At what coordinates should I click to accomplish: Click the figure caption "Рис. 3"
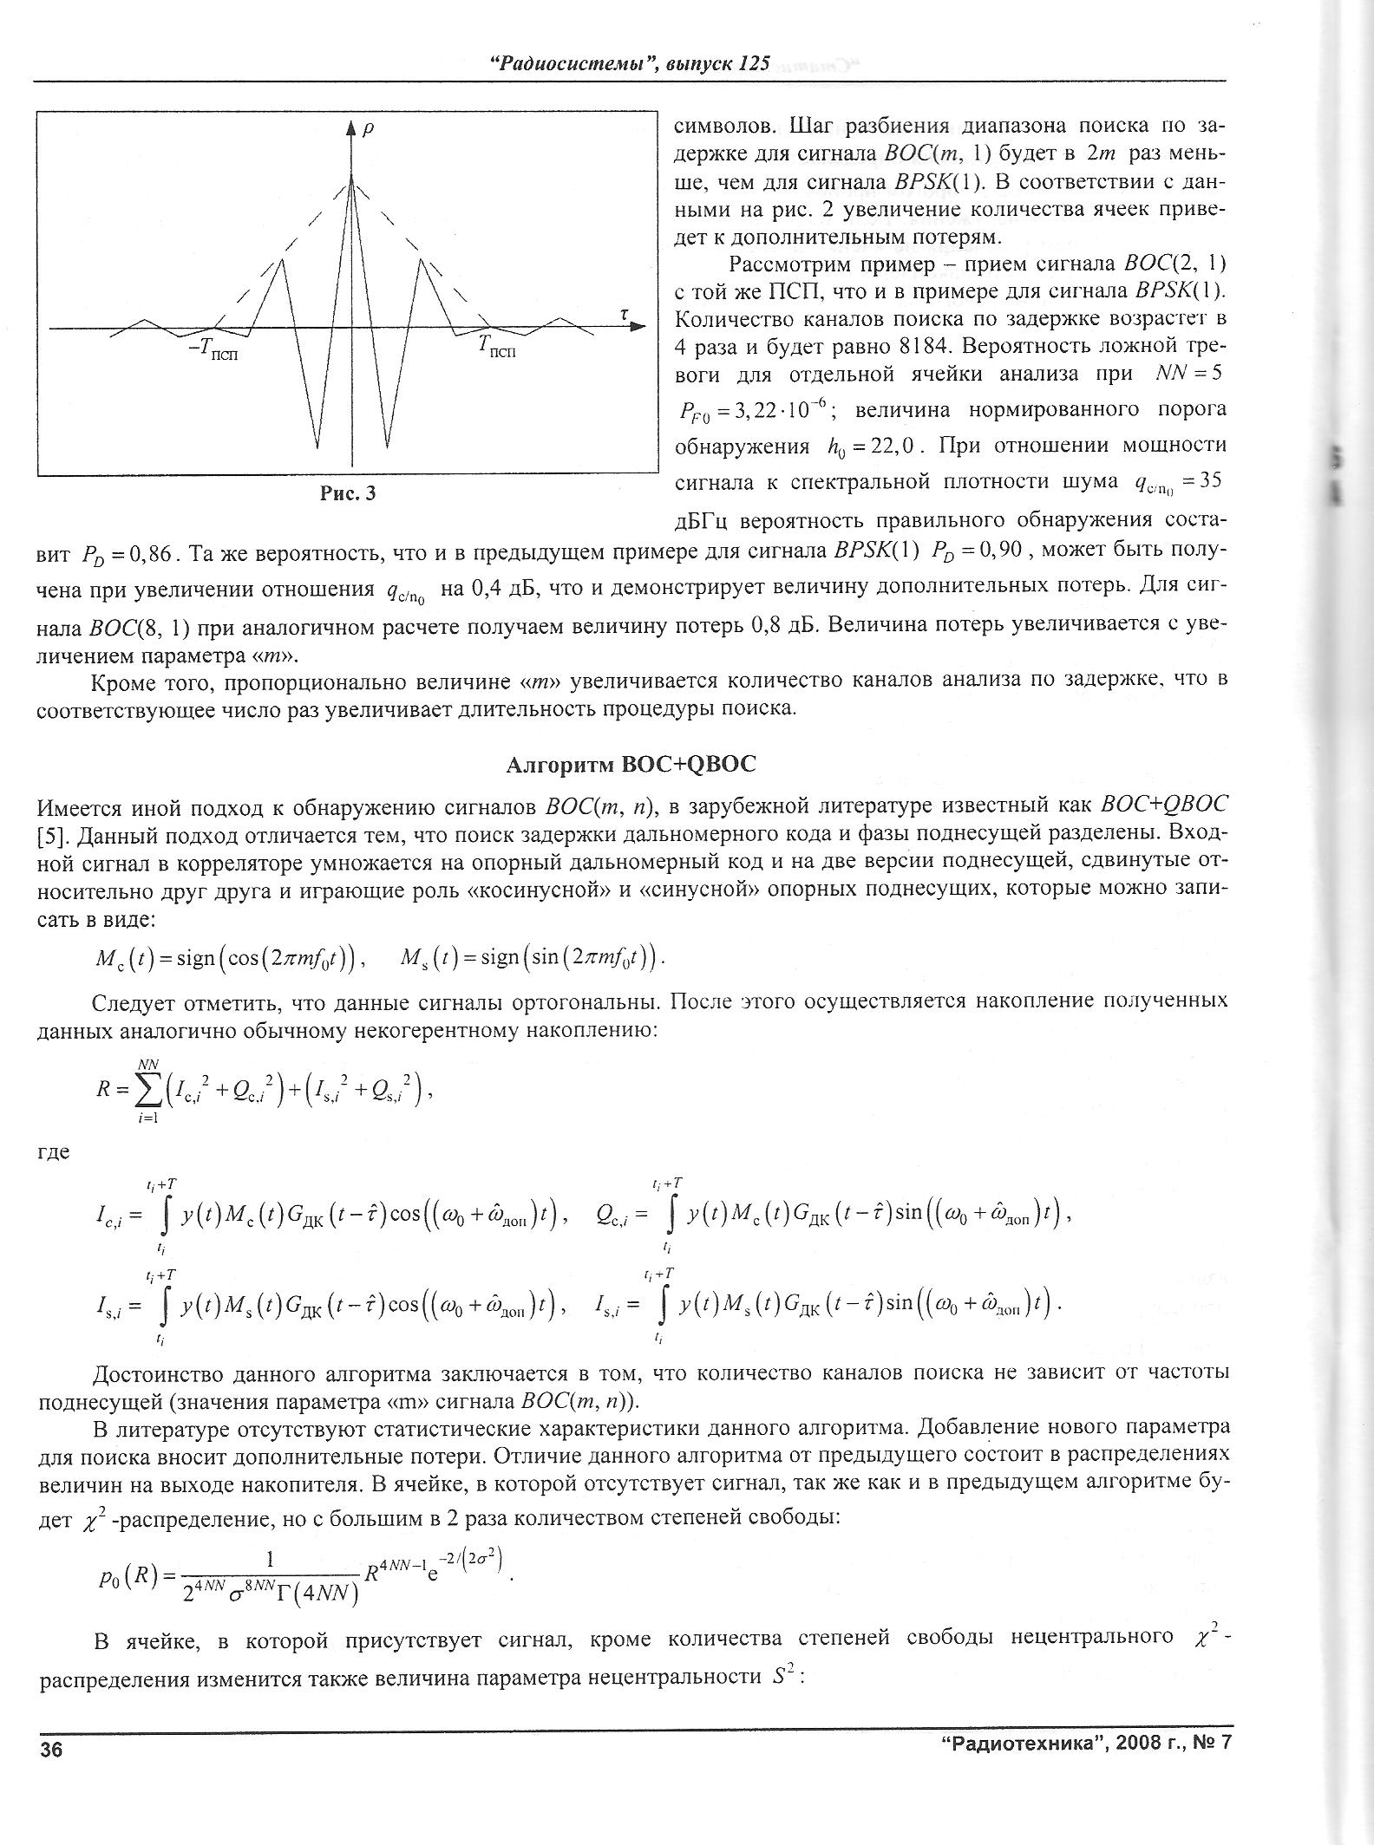347,494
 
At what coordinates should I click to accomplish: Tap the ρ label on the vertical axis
369,127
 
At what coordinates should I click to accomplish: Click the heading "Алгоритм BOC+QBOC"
631,765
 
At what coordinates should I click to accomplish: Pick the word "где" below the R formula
53,1153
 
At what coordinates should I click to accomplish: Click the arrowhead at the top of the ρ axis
351,128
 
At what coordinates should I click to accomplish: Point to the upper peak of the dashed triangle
352,178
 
